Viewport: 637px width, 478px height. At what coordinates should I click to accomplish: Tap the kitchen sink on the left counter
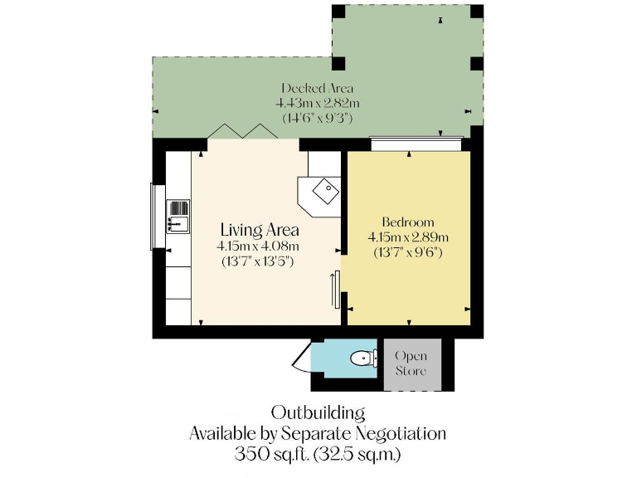(178, 214)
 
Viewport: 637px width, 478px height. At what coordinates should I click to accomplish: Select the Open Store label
(411, 363)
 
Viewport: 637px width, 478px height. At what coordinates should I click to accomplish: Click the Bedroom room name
(407, 222)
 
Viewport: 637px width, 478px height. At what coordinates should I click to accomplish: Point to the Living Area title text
(260, 230)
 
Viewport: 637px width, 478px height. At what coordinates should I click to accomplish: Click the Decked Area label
(317, 88)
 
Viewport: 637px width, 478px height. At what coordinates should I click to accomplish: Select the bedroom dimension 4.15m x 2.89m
(407, 237)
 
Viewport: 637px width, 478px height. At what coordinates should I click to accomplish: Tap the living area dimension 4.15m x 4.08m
(258, 246)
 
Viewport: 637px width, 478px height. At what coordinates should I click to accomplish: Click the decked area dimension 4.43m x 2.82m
(318, 103)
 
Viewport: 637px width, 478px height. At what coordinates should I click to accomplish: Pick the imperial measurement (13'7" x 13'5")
(258, 261)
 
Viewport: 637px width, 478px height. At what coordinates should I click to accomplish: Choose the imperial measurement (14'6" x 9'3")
(318, 118)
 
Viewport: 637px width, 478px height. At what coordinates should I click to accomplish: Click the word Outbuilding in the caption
(318, 412)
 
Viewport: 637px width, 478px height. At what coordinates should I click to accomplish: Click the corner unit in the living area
(319, 193)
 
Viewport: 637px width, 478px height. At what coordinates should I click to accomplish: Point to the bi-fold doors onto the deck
(241, 130)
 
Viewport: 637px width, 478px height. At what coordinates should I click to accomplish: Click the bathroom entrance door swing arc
(301, 359)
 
